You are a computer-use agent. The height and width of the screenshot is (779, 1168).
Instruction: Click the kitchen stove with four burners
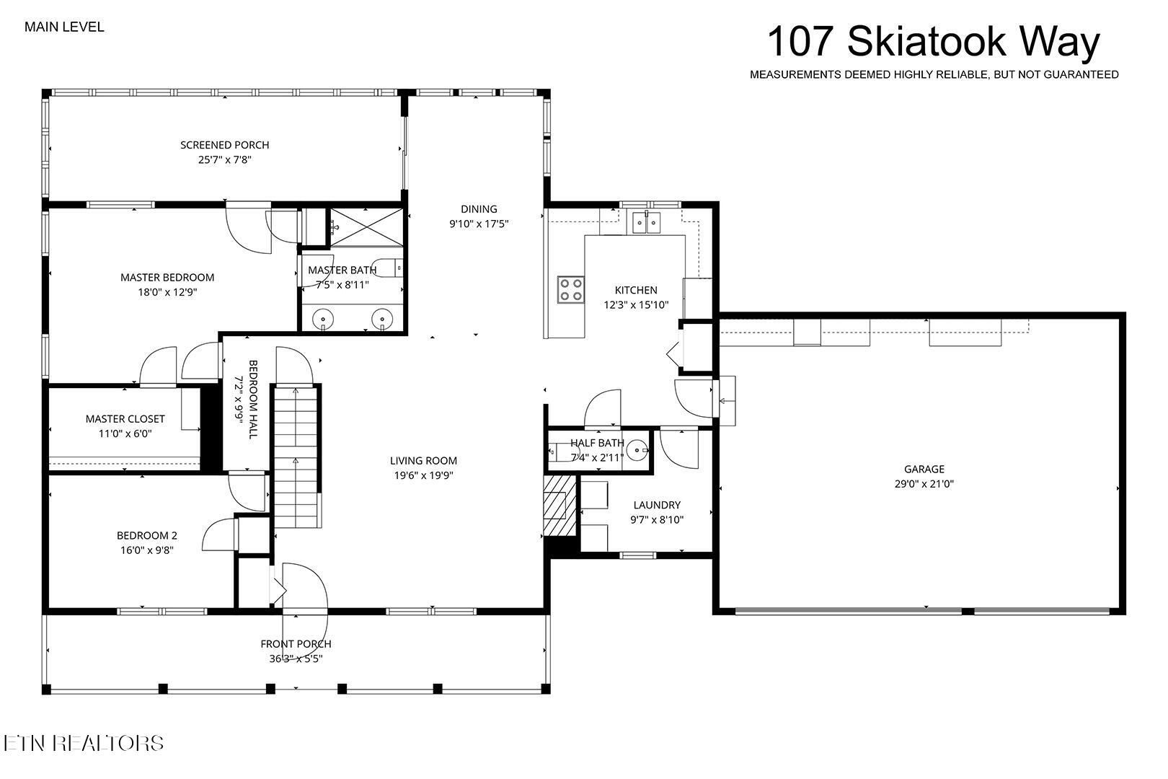[x=570, y=289]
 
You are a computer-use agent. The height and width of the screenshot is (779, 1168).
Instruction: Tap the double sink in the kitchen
[x=647, y=223]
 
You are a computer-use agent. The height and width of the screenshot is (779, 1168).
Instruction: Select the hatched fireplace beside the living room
[x=559, y=505]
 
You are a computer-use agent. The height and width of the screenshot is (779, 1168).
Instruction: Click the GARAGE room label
[x=924, y=469]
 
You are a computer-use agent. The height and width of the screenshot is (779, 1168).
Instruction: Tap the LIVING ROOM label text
[x=423, y=461]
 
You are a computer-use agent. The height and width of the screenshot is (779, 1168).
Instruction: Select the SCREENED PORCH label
[x=225, y=145]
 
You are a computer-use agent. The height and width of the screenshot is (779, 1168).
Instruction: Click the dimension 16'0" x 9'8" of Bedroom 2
[x=146, y=550]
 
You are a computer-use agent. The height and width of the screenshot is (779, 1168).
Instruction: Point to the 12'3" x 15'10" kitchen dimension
[x=636, y=304]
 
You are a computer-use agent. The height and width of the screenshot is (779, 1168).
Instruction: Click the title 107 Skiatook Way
[x=934, y=42]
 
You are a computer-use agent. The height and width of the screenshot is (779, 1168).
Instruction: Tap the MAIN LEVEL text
[x=64, y=27]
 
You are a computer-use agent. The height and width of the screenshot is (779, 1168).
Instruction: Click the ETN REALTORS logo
[x=84, y=743]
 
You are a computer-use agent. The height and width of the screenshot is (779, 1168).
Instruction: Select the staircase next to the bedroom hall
[x=296, y=457]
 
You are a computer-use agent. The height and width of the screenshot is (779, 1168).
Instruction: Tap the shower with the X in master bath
[x=366, y=227]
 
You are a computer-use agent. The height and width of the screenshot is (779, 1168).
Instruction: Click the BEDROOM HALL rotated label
[x=253, y=399]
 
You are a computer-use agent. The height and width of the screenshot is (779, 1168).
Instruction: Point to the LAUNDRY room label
[x=657, y=505]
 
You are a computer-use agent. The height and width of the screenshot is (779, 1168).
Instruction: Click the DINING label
[x=479, y=209]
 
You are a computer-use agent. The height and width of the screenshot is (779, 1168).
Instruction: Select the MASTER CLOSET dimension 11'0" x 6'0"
[x=125, y=433]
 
